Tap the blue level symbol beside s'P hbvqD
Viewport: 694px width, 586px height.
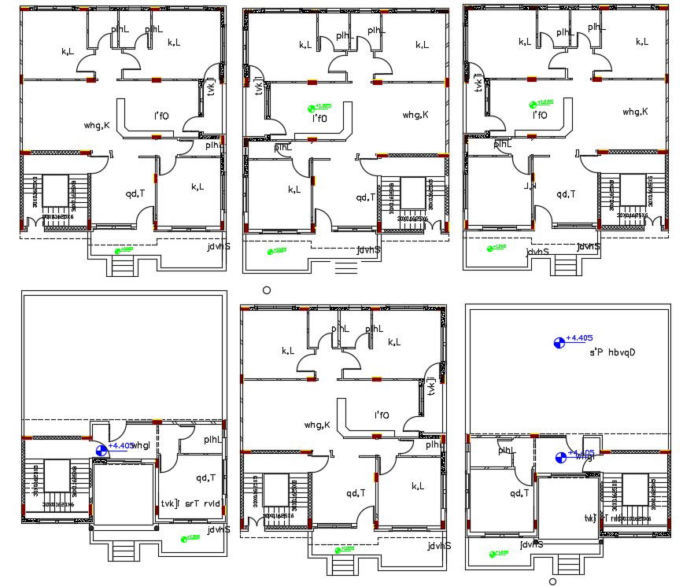click(559, 342)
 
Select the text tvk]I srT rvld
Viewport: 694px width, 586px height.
click(191, 504)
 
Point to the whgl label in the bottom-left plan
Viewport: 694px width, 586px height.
click(142, 446)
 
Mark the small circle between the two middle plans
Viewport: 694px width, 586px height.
click(267, 290)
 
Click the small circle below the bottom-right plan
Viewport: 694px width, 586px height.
click(552, 581)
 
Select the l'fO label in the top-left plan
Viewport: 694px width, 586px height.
click(161, 116)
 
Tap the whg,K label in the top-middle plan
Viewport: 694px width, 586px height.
click(415, 115)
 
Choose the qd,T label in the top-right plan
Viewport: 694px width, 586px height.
click(566, 193)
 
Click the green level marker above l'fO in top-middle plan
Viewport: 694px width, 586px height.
click(320, 107)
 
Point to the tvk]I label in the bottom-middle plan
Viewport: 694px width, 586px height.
click(431, 385)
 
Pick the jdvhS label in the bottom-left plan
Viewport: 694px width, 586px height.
click(219, 529)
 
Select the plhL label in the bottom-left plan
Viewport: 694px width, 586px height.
click(212, 440)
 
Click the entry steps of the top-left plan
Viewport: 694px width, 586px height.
click(123, 265)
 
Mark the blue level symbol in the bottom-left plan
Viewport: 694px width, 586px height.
click(102, 450)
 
